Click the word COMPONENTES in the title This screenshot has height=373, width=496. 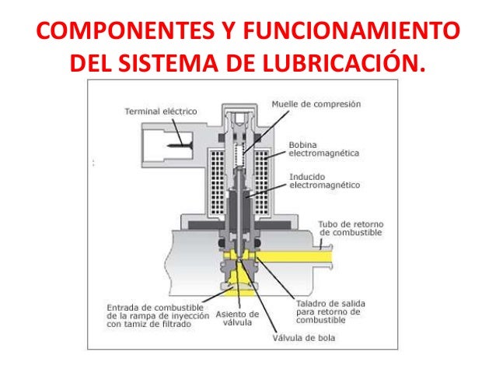point(108,33)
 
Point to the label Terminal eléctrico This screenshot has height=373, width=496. point(161,112)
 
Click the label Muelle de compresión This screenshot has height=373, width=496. point(316,104)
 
